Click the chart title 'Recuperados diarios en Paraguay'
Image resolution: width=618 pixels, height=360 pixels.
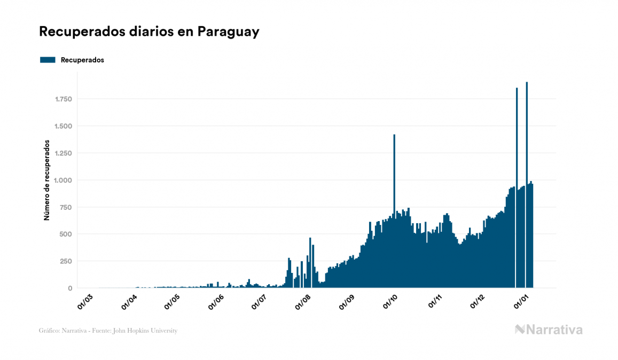(149, 32)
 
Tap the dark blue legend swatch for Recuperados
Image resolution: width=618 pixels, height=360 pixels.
(48, 60)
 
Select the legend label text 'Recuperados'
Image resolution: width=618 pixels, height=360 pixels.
(82, 60)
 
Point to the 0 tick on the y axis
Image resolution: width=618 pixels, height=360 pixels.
(69, 288)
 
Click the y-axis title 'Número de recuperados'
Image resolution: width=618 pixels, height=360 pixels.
(46, 181)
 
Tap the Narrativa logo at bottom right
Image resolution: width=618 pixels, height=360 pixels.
(549, 330)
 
